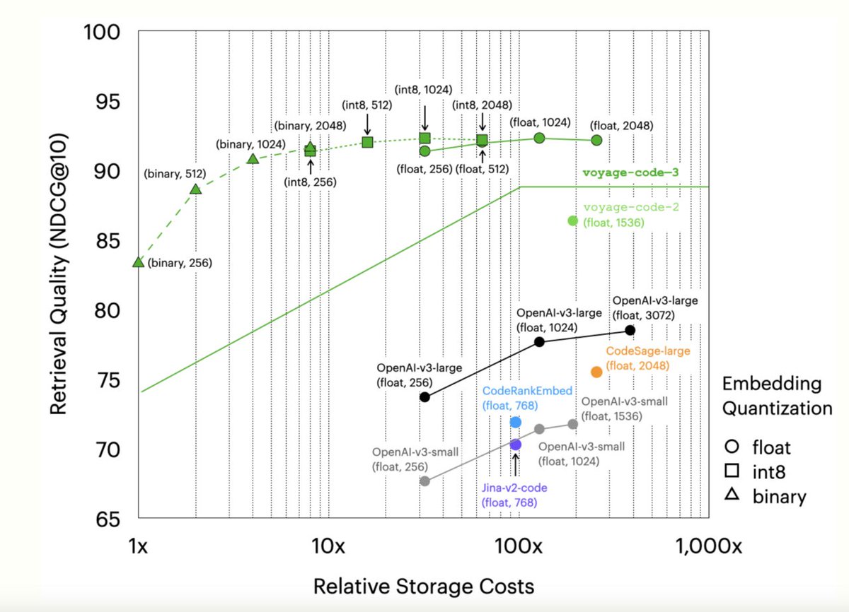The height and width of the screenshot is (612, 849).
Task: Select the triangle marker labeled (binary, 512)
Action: coord(196,189)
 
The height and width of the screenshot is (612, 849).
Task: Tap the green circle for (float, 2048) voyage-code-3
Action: coord(596,140)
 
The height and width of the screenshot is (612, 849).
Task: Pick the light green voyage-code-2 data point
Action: coord(573,220)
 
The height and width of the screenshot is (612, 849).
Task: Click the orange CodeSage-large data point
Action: coord(596,372)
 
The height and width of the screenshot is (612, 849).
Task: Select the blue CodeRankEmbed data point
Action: coord(516,422)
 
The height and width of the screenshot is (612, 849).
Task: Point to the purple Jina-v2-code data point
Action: coord(515,445)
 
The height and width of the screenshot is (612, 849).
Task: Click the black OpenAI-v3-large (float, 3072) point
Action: coord(630,330)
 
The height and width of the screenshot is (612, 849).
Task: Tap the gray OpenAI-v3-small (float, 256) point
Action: coord(424,481)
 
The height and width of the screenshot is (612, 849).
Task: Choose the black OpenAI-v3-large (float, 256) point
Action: coord(424,396)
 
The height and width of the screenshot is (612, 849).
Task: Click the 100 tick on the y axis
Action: coord(103,33)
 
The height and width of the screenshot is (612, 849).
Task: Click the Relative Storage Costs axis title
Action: coord(423,586)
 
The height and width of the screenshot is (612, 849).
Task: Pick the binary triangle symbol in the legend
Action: coord(732,496)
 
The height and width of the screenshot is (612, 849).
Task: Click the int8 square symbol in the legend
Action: coord(732,471)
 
